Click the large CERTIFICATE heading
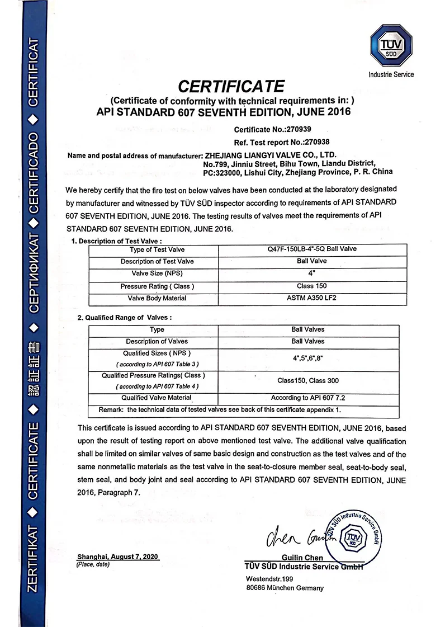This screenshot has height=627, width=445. tap(230, 86)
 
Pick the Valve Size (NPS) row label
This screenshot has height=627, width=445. tap(157, 274)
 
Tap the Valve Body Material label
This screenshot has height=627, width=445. tap(157, 298)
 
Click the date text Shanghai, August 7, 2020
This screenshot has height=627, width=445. tap(118, 558)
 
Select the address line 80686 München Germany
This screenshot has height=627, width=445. tap(285, 588)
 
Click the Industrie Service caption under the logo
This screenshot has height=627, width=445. tap(391, 74)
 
